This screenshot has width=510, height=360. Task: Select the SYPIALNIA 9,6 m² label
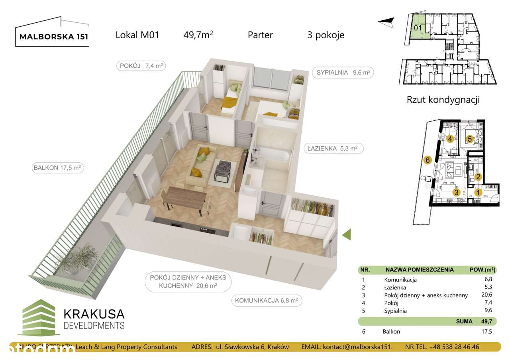(343, 73)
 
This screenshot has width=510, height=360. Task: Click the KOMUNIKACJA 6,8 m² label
(266, 301)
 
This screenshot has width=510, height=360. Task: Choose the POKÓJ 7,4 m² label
(141, 66)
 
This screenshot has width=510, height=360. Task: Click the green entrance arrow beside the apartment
(347, 235)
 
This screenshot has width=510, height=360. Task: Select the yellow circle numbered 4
(450, 139)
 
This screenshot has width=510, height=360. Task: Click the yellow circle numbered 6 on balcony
(428, 160)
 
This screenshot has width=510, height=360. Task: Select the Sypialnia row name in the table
(396, 311)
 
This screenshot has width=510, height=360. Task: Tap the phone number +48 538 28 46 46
(454, 347)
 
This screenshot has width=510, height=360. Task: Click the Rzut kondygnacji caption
(443, 100)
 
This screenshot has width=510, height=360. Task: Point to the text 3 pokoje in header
(326, 35)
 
